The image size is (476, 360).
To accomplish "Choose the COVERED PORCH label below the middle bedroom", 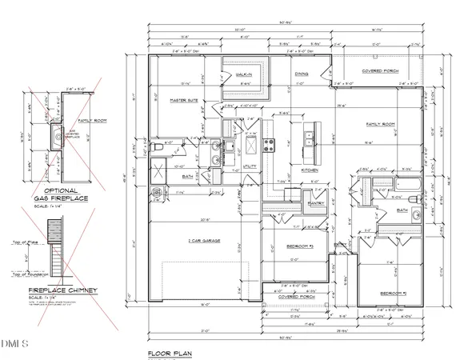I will (295, 294).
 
